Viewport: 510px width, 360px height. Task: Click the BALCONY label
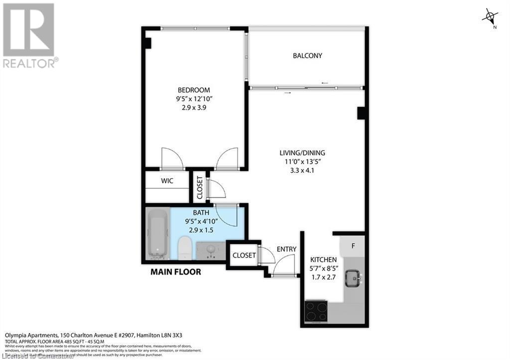pos(307,56)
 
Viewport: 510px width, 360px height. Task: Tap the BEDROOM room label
pos(194,90)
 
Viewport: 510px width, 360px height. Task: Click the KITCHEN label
pos(323,260)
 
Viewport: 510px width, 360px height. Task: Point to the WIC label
pos(167,181)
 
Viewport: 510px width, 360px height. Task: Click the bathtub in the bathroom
pos(158,234)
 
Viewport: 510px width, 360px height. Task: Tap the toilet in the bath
pos(185,247)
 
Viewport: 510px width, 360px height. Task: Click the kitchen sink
pos(355,276)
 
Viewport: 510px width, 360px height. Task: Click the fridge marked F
pos(353,246)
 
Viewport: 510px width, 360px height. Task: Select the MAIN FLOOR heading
pos(176,272)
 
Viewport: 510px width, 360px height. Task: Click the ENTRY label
pos(286,249)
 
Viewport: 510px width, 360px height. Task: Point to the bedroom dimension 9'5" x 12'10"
pos(194,99)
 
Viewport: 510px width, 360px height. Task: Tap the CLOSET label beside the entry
pos(244,255)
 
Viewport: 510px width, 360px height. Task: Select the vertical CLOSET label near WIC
pos(199,187)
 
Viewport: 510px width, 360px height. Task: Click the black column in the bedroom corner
pos(147,43)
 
